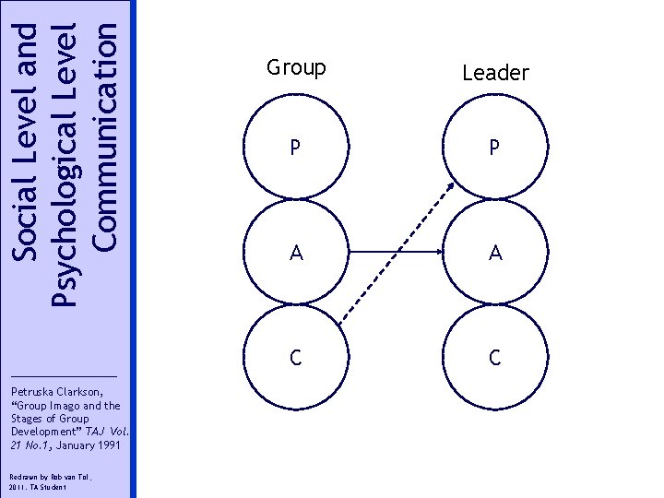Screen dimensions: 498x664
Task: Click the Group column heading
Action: pos(296,68)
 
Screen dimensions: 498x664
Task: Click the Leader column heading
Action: pos(495,73)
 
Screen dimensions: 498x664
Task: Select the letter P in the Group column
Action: pos(295,148)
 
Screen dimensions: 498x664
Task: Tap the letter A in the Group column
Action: pos(295,253)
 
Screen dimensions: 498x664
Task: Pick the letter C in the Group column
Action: pos(295,358)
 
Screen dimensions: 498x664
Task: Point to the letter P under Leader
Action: pos(495,148)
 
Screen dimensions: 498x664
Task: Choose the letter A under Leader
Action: pos(495,253)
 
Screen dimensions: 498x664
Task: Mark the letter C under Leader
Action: pos(495,358)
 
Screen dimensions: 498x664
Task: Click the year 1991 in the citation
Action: pos(101,445)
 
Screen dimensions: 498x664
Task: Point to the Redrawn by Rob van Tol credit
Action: pos(42,475)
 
